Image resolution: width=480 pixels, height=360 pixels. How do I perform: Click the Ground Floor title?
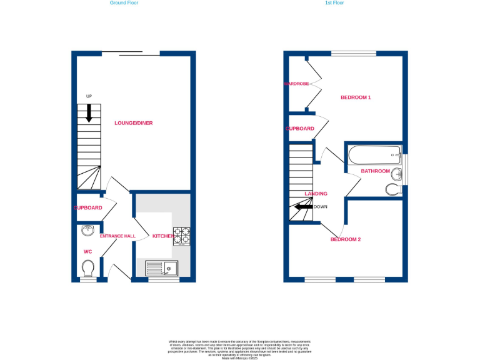pos(124,3)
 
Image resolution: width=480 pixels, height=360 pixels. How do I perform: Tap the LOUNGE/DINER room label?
pos(133,123)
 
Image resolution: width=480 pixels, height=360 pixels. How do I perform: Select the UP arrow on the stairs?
pos(89,112)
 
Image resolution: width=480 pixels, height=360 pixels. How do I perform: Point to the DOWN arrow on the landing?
pos(304,207)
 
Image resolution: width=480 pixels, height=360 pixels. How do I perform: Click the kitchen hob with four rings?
pos(182,236)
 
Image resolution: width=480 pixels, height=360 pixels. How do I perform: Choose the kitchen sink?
pos(162,268)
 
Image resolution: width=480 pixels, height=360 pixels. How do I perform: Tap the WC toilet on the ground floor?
pos(89,268)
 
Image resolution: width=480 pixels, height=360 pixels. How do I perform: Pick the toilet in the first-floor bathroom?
pos(393,189)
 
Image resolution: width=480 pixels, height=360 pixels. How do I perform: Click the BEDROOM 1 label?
pos(356,97)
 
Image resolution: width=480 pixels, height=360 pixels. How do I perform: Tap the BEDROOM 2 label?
pos(346,239)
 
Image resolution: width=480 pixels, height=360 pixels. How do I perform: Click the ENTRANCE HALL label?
pos(117,236)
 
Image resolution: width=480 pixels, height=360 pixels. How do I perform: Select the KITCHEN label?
pos(163,236)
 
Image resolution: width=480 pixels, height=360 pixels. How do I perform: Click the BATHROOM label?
pos(375,171)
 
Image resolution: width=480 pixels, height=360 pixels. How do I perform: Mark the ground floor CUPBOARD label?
pos(87,207)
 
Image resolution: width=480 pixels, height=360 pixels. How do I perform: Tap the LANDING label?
pos(316,194)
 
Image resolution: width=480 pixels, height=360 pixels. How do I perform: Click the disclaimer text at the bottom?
pos(239,349)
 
